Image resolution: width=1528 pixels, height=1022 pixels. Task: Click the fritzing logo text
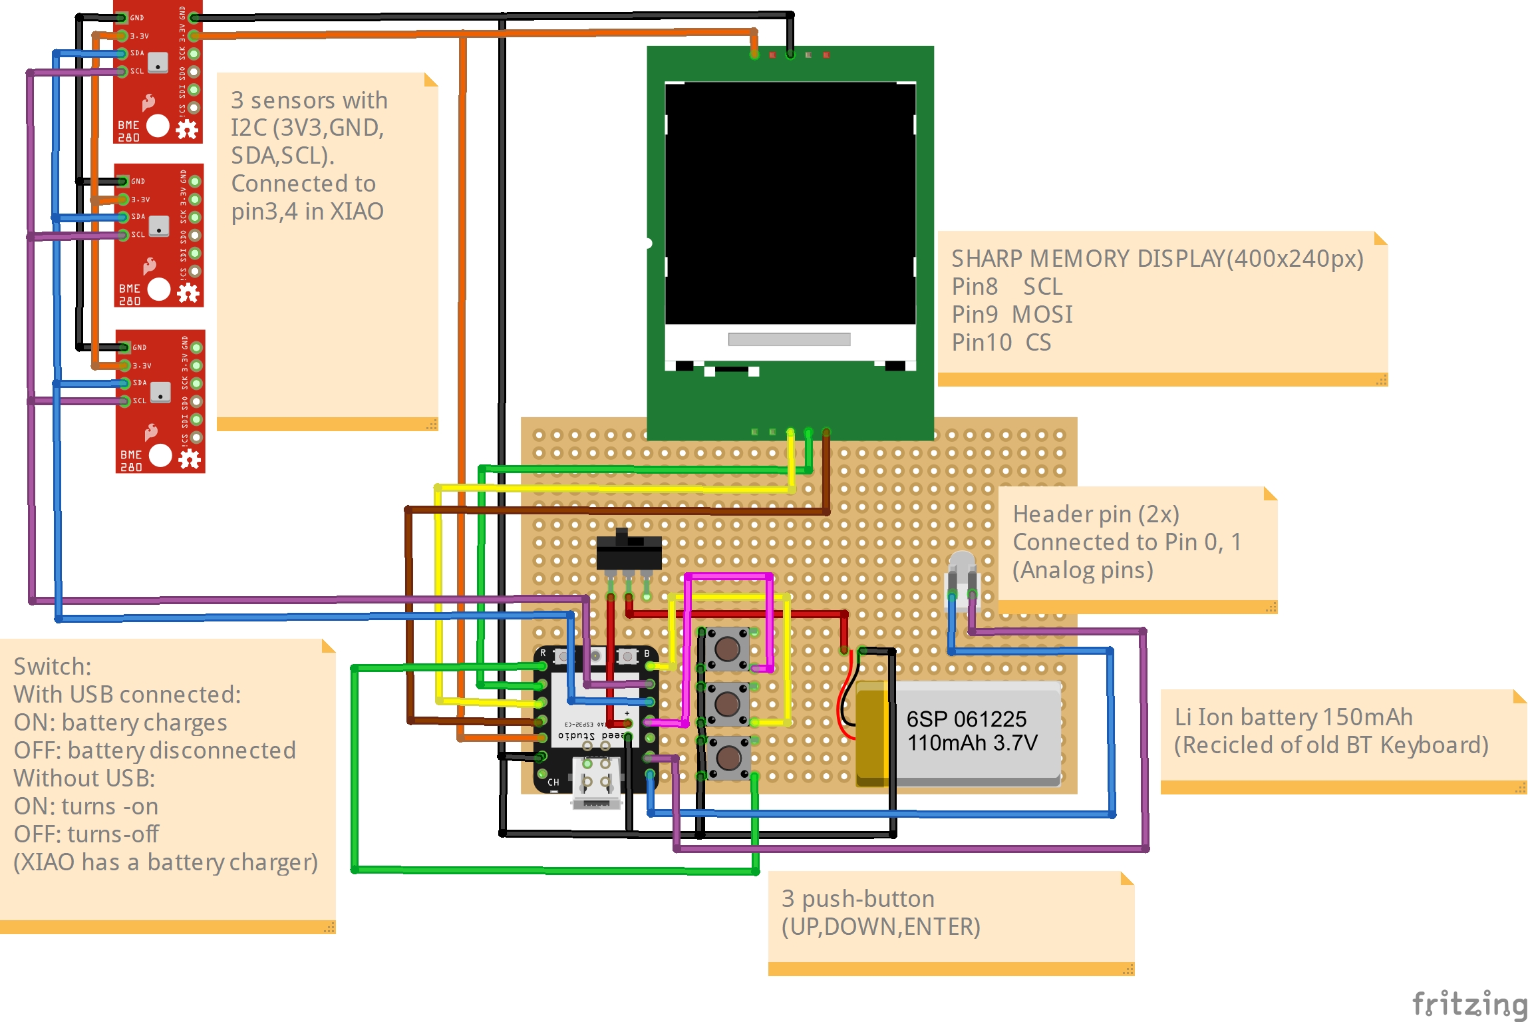[1469, 1003]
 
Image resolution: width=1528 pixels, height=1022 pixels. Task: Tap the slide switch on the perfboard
[629, 551]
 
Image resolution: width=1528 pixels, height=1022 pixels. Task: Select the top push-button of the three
[727, 648]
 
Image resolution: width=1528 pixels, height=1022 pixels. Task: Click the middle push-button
[727, 703]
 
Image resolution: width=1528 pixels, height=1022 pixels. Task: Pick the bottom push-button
[728, 757]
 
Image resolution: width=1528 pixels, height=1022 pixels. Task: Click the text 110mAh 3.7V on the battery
[972, 743]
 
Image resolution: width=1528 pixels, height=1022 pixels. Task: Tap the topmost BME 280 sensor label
[129, 131]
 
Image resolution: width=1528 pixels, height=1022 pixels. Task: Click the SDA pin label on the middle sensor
[138, 216]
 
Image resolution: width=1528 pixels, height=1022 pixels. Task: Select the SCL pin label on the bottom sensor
[140, 401]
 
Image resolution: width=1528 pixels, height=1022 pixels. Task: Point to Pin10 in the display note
[981, 343]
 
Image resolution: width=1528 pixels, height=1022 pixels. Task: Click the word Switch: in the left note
[53, 667]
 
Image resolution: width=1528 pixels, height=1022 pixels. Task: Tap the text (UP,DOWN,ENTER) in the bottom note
[881, 927]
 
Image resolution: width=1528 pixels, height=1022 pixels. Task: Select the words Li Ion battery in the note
[1245, 717]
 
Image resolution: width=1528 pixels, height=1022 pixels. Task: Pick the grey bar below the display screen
[789, 339]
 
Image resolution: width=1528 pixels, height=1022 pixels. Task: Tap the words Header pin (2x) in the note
[1096, 514]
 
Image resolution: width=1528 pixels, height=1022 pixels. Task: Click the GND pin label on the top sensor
[137, 18]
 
